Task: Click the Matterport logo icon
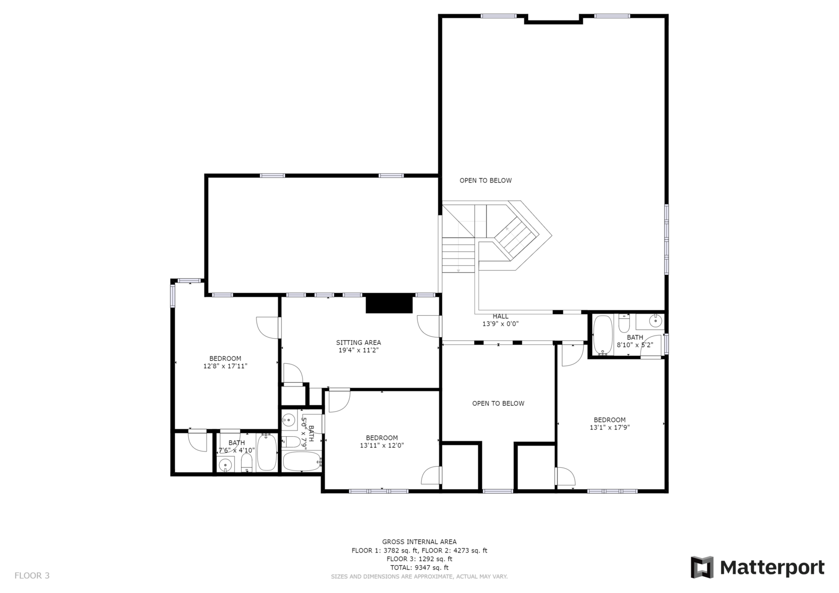click(702, 567)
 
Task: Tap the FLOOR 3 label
click(32, 576)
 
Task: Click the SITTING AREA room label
click(359, 342)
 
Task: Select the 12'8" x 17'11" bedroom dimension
click(225, 366)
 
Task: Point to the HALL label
click(500, 316)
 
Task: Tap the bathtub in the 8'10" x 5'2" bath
click(603, 335)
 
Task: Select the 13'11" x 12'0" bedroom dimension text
click(382, 445)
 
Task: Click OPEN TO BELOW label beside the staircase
click(486, 180)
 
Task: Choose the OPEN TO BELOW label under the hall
click(498, 403)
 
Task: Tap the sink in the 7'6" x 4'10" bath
click(226, 465)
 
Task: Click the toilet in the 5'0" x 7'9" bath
click(291, 441)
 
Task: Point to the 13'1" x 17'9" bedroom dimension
click(609, 427)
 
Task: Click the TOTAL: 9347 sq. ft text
click(419, 567)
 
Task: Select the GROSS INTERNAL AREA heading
click(419, 542)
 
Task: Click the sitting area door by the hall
click(428, 326)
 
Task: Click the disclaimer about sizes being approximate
click(419, 576)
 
